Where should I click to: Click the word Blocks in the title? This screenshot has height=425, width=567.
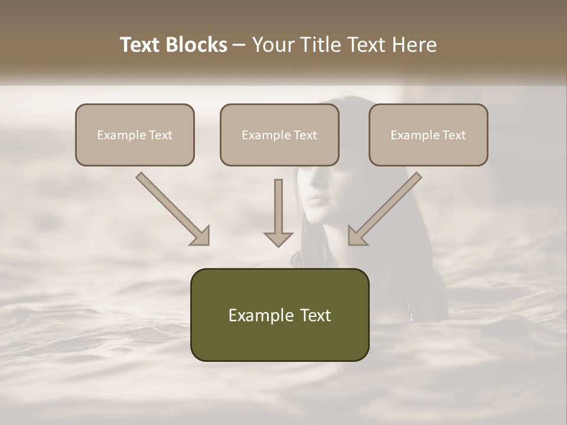point(196,45)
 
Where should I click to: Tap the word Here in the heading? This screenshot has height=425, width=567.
point(415,45)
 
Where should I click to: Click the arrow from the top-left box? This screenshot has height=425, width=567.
point(173,209)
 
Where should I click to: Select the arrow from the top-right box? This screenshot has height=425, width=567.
point(385,209)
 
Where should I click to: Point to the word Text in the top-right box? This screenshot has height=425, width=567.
point(454,135)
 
